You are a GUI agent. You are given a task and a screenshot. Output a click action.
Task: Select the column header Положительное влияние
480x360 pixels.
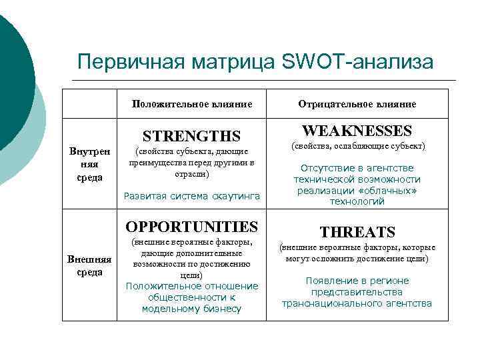tap(192, 104)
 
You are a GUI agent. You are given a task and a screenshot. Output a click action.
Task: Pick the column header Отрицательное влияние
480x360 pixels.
tap(357, 104)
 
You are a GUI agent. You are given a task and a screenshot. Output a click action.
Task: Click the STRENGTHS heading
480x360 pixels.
tap(192, 136)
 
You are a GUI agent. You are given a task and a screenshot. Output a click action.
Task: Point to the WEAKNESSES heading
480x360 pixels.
tap(357, 131)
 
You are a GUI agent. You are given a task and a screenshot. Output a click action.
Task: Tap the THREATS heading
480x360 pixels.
tap(357, 231)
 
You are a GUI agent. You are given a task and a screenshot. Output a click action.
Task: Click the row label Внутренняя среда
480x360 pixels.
tap(90, 165)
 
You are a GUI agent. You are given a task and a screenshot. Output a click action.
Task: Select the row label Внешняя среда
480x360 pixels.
tap(90, 265)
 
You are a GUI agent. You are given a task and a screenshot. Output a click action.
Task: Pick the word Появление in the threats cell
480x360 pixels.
tap(330, 281)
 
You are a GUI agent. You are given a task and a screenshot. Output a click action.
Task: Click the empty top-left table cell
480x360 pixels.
tap(90, 104)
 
